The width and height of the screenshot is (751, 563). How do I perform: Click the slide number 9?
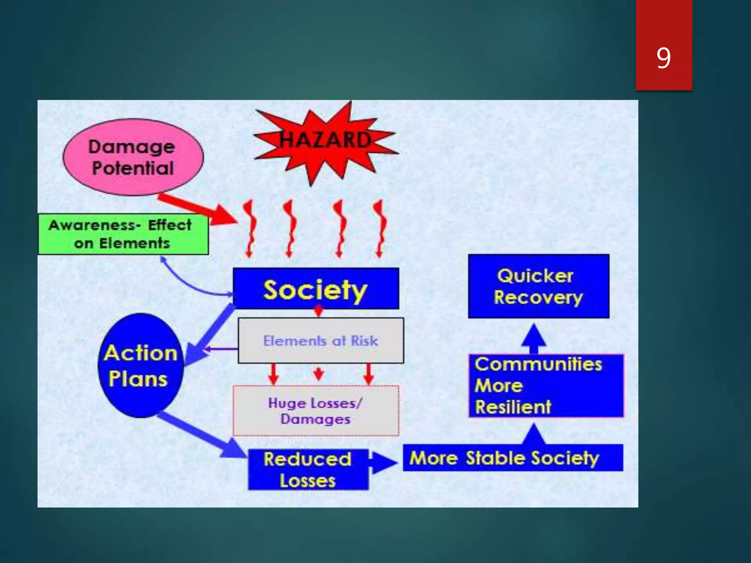pyautogui.click(x=663, y=58)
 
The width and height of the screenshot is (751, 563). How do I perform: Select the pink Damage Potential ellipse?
pyautogui.click(x=133, y=157)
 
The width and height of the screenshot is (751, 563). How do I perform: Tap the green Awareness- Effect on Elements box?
pyautogui.click(x=122, y=234)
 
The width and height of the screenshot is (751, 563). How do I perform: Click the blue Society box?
pyautogui.click(x=316, y=289)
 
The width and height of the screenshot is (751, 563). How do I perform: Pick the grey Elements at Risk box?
pyautogui.click(x=320, y=341)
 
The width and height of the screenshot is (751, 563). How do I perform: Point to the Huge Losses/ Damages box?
pyautogui.click(x=316, y=411)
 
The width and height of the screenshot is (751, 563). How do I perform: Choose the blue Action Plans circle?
pyautogui.click(x=140, y=366)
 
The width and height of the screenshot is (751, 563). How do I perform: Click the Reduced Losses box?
pyautogui.click(x=308, y=470)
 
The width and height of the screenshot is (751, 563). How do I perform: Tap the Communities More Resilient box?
pyautogui.click(x=546, y=386)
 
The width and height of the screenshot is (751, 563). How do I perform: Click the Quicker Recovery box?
pyautogui.click(x=538, y=286)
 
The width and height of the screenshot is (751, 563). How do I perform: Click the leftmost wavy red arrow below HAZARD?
pyautogui.click(x=250, y=229)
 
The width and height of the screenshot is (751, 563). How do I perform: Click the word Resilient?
pyautogui.click(x=513, y=407)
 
